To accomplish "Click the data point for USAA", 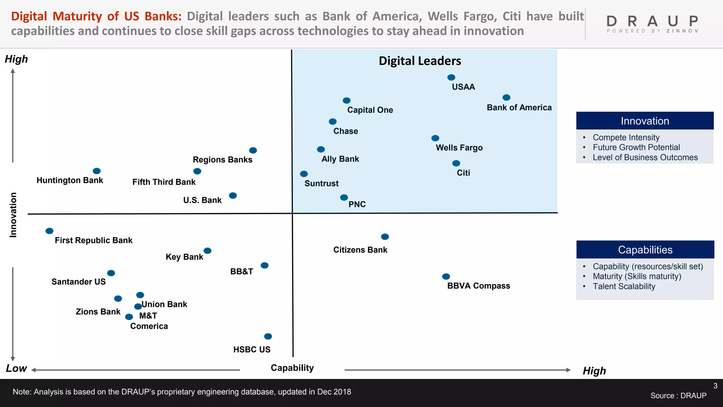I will tap(451, 77).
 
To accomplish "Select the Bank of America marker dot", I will tap(506, 98).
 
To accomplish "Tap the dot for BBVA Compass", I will tap(446, 276).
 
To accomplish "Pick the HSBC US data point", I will tap(268, 336).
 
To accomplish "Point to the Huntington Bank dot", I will tap(97, 171).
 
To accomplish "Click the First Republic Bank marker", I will tap(49, 231).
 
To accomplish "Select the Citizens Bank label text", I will tap(360, 250).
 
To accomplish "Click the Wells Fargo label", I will tap(459, 148).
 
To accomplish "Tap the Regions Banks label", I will tap(222, 160).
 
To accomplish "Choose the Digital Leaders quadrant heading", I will tap(420, 61).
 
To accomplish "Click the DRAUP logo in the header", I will tap(652, 24).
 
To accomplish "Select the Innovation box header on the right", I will tap(645, 121).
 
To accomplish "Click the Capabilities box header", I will tap(645, 250).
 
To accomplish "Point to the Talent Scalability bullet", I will tap(624, 287).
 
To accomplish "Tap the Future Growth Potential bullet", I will tap(636, 147).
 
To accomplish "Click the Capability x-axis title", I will tap(292, 368).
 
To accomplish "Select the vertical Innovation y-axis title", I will tap(13, 215).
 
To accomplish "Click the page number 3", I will tap(715, 386).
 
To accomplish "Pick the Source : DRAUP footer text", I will tap(678, 396).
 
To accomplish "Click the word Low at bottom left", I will tap(16, 368).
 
